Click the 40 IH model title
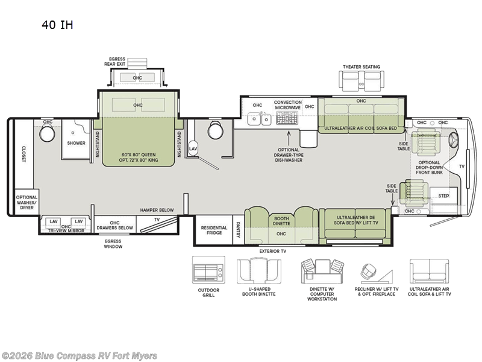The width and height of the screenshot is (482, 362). click(57, 25)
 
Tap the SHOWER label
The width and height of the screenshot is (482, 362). click(77, 143)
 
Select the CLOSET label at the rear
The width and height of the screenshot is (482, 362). click(24, 154)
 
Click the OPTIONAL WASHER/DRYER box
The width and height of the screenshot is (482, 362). click(27, 202)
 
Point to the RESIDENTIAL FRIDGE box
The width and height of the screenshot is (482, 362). click(214, 230)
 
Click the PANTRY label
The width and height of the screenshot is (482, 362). click(238, 230)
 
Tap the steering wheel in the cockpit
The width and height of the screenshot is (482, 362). click(454, 140)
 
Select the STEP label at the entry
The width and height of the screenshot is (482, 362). click(443, 195)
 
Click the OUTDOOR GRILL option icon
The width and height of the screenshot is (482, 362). click(208, 270)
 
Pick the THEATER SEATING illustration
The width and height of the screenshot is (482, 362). click(361, 81)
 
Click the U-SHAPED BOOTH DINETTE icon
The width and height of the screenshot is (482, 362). click(259, 271)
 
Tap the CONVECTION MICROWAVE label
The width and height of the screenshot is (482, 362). click(288, 105)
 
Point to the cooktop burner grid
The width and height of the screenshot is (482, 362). click(287, 118)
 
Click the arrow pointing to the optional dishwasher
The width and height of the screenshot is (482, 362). click(289, 138)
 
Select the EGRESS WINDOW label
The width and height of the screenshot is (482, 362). click(113, 244)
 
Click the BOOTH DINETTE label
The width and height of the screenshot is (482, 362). click(281, 221)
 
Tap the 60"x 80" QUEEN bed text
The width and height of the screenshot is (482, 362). click(139, 155)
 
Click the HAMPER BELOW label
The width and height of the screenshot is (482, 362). click(157, 210)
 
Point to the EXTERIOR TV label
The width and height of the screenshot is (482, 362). click(273, 251)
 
